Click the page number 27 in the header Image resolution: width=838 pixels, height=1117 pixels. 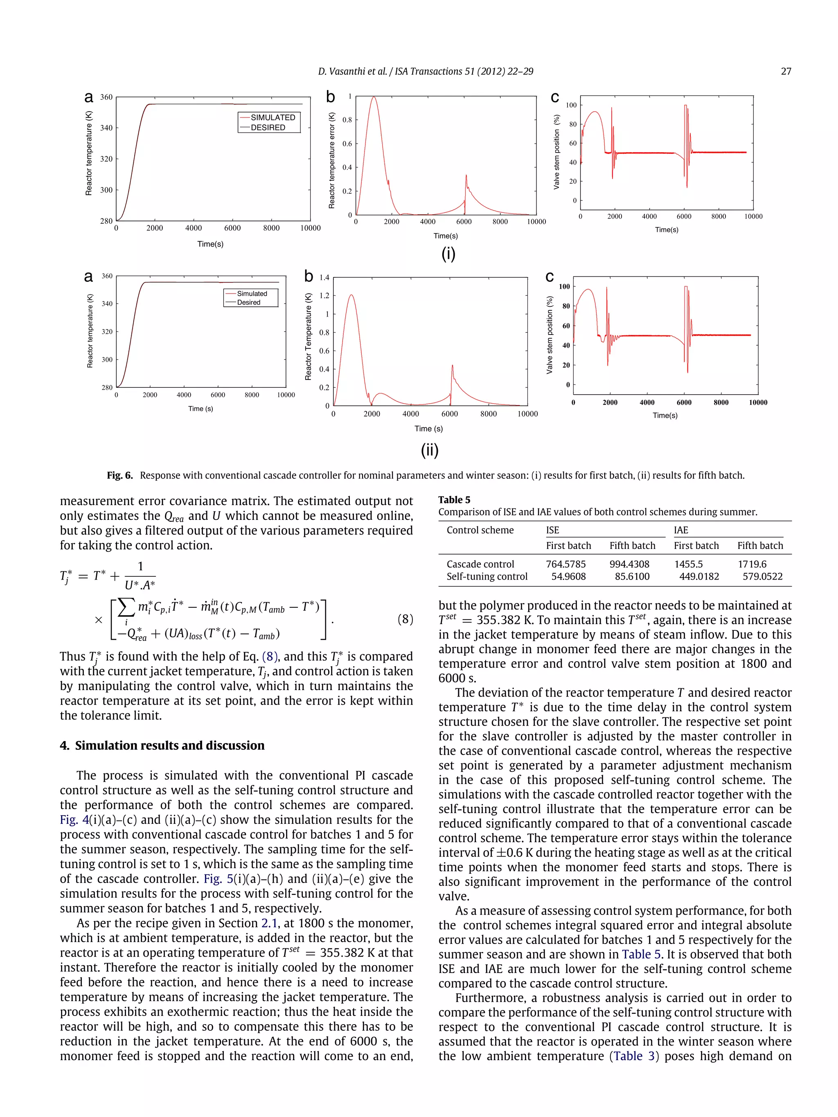coord(786,71)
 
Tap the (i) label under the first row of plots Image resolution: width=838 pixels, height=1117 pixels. coord(448,254)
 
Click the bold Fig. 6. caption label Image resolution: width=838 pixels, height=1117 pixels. coord(120,475)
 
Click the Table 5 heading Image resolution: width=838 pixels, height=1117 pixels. coord(454,499)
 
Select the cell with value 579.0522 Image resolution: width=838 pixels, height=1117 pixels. coord(762,576)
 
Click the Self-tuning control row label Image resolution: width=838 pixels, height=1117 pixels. coord(487,576)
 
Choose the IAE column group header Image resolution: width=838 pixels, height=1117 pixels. coord(680,530)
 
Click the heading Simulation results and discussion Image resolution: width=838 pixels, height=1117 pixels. coord(169,745)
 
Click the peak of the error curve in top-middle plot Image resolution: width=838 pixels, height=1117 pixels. coord(374,97)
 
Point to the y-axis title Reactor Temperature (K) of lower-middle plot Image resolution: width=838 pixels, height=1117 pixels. coord(308,337)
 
